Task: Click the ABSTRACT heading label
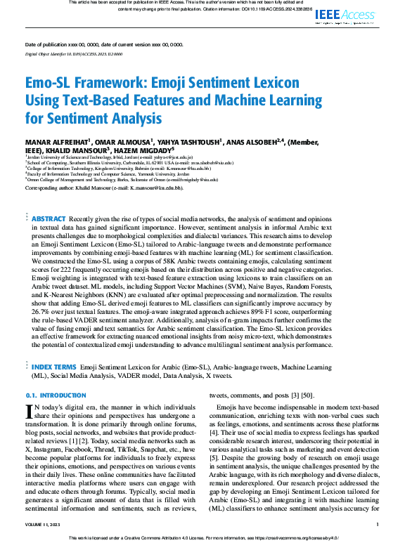click(x=49, y=218)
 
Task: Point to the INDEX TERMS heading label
click(x=55, y=367)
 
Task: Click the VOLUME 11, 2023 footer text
click(x=44, y=524)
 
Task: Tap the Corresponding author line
click(x=104, y=189)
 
